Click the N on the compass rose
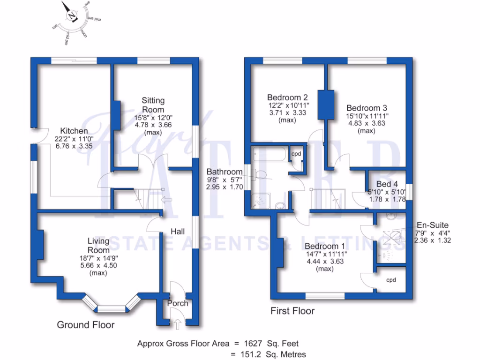coord(72,16)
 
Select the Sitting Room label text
coord(153,105)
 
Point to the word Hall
coord(178,232)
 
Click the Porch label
coord(178,303)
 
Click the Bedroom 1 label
coord(324,246)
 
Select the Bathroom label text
coord(225,172)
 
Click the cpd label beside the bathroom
coord(296,154)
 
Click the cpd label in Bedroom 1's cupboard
coord(391,280)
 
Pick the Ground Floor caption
coord(85,324)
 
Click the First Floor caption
coord(292,311)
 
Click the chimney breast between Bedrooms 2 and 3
coord(326,104)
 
